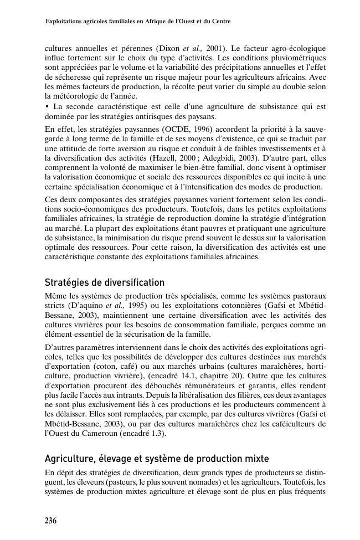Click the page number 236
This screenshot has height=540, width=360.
(50, 521)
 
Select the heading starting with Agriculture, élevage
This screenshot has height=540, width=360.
(157, 459)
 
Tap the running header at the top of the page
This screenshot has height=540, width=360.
(137, 22)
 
